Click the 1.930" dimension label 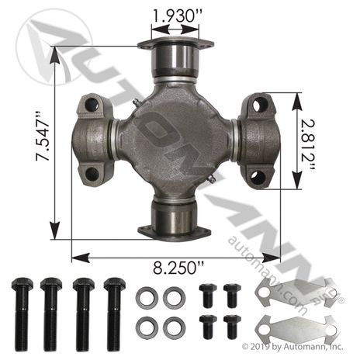click(x=178, y=16)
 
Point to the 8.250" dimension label click(x=178, y=268)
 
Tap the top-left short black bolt click(x=208, y=296)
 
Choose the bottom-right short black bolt click(x=232, y=327)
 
